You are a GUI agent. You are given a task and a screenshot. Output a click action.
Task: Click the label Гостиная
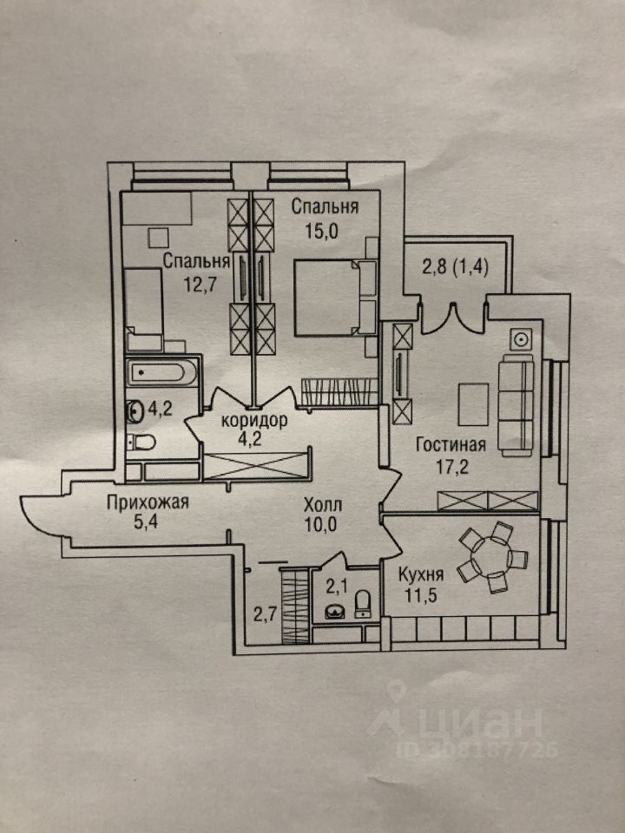click(451, 446)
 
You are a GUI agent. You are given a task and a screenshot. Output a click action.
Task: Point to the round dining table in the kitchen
click(492, 557)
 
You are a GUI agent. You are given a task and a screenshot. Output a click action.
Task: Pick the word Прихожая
click(148, 502)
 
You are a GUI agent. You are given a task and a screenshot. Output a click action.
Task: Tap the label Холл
click(323, 504)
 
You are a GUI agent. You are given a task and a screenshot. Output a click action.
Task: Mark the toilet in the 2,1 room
click(365, 600)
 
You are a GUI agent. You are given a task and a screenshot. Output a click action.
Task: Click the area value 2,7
click(264, 616)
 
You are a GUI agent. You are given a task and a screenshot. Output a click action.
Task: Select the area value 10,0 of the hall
click(323, 523)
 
